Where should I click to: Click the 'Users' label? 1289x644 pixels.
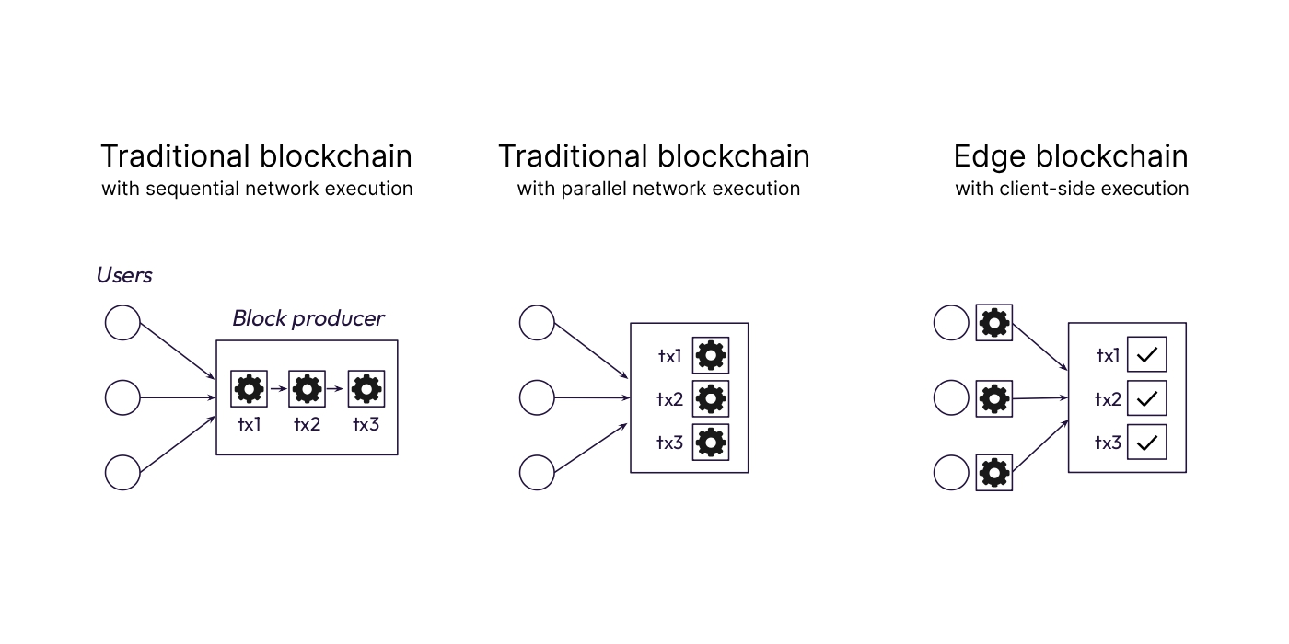(124, 275)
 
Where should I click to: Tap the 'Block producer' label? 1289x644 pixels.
(308, 318)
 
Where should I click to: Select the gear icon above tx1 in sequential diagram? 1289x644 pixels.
(249, 389)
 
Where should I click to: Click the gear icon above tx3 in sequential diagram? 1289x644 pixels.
(366, 389)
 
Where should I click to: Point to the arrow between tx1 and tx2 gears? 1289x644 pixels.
(278, 389)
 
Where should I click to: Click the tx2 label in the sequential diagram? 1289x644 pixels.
(307, 424)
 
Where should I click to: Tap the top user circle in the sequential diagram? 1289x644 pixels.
(122, 323)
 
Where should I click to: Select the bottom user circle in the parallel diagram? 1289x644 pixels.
(537, 473)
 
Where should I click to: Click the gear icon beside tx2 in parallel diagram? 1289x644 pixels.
(711, 398)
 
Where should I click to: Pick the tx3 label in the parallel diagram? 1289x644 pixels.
(669, 443)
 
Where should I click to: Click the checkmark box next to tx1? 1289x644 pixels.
(1147, 354)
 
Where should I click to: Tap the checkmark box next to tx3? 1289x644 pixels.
(1147, 443)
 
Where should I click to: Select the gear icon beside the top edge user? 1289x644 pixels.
(994, 323)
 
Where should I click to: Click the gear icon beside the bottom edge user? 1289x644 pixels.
(994, 473)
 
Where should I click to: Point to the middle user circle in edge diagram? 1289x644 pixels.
(951, 398)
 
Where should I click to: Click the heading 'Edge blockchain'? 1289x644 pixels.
(1071, 156)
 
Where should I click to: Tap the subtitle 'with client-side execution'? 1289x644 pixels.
(1072, 189)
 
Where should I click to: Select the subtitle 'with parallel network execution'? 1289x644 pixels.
(658, 189)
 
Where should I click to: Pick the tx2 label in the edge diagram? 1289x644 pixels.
(1108, 399)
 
